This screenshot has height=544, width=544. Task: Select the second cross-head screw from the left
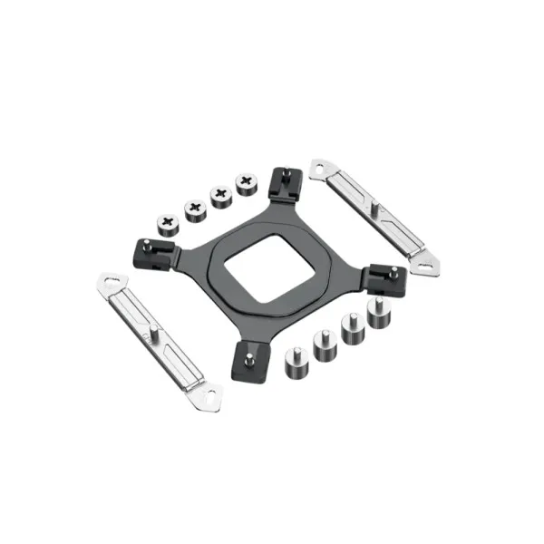195,208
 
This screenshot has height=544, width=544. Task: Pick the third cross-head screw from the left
220,195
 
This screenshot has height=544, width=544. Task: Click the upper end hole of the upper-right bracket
318,167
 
